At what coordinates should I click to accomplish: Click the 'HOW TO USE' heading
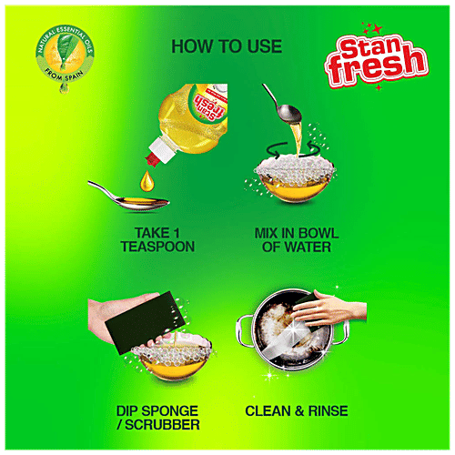coord(226,45)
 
